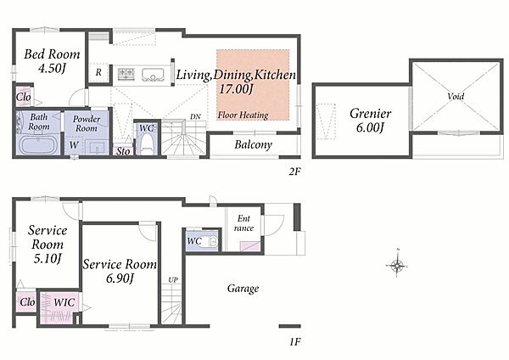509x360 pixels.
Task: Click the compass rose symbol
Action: click(397, 266)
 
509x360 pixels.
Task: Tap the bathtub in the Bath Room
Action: click(39, 144)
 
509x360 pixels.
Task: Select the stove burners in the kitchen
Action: click(126, 73)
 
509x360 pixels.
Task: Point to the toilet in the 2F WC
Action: click(147, 144)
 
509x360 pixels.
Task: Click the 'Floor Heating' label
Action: click(243, 115)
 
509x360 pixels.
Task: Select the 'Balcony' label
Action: click(253, 144)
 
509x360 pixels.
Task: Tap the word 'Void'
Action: click(456, 96)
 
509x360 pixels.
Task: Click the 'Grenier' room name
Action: click(371, 114)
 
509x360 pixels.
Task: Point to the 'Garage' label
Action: click(243, 289)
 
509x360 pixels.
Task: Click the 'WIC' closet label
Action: click(64, 302)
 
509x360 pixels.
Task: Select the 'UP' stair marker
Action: click(173, 279)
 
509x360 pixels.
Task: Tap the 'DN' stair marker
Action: click(195, 116)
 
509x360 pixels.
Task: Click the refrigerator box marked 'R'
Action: click(98, 72)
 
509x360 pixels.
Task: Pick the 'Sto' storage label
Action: click(123, 151)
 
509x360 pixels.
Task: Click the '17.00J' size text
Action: click(236, 88)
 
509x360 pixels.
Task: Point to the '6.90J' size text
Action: click(120, 278)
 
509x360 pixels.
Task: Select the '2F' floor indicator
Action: click(294, 172)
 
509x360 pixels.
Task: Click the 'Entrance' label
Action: click(243, 223)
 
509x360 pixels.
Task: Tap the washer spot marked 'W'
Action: click(74, 145)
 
